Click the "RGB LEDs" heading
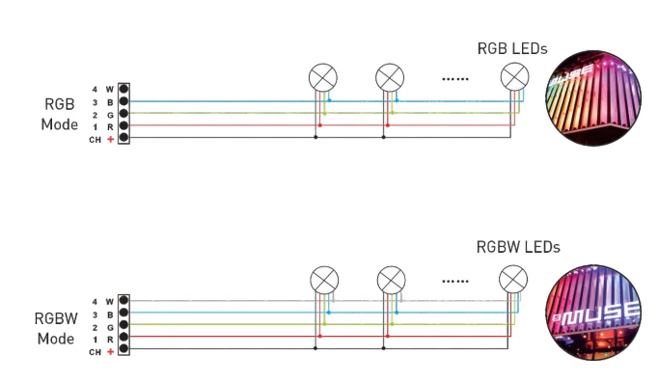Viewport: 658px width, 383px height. [512, 48]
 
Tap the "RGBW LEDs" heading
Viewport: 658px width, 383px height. [518, 247]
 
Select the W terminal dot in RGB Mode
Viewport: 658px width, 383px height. [123, 89]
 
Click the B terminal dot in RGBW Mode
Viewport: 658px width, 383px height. [123, 313]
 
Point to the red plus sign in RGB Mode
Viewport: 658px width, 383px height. [110, 139]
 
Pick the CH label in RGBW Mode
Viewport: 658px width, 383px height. [95, 352]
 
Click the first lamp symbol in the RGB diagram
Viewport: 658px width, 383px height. [322, 77]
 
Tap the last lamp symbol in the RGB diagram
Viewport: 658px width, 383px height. [515, 77]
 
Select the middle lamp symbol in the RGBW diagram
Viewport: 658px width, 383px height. [391, 280]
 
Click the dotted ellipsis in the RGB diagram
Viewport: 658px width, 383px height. [455, 79]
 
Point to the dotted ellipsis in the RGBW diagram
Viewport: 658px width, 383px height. [455, 281]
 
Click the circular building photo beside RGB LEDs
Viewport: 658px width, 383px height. [593, 98]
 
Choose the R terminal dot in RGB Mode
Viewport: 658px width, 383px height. [123, 125]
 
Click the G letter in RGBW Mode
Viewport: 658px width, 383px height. [110, 328]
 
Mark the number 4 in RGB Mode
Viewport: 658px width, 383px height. [95, 90]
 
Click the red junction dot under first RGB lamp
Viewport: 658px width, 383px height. [320, 125]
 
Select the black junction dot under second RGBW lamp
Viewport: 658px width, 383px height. [384, 348]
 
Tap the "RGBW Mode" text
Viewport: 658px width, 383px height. [56, 328]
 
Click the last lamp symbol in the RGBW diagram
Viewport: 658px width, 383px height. [513, 280]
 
